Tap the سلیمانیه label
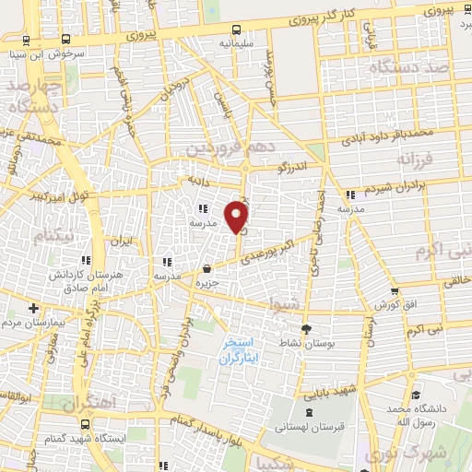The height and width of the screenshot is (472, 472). click(x=236, y=43)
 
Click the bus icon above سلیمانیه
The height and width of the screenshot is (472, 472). click(x=237, y=28)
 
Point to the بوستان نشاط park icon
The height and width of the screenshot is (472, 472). click(x=307, y=326)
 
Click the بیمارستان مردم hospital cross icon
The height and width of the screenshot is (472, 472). click(x=34, y=308)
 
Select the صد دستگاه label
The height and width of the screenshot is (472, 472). click(x=414, y=67)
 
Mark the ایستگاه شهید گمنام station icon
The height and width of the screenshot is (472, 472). click(x=86, y=425)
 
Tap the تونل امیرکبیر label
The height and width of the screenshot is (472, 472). click(x=36, y=197)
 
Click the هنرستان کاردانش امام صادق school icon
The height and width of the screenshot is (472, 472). click(x=87, y=260)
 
